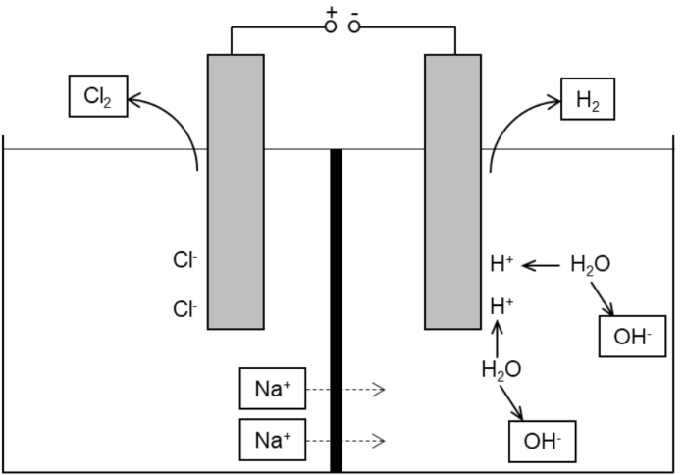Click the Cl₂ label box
point(99,96)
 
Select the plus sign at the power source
point(332,11)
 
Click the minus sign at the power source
point(354,11)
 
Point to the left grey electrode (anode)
point(236,191)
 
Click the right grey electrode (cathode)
point(452,191)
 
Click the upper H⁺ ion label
point(501,263)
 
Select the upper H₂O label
point(589,264)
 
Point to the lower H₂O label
point(501,370)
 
